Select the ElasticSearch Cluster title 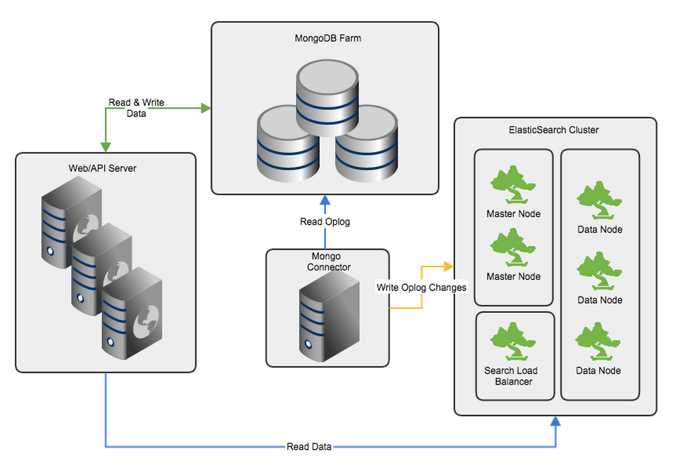(x=553, y=130)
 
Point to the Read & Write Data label (x=136, y=108)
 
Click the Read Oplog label (x=325, y=222)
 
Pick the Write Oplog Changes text (x=421, y=288)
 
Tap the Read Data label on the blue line (x=308, y=447)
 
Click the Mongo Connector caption (x=327, y=262)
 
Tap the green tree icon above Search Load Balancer (x=513, y=341)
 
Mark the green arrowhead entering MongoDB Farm (x=206, y=108)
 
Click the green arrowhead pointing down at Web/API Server (x=105, y=147)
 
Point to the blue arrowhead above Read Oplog (x=325, y=199)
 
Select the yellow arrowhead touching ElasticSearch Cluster (x=449, y=267)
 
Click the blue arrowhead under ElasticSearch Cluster (x=555, y=421)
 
